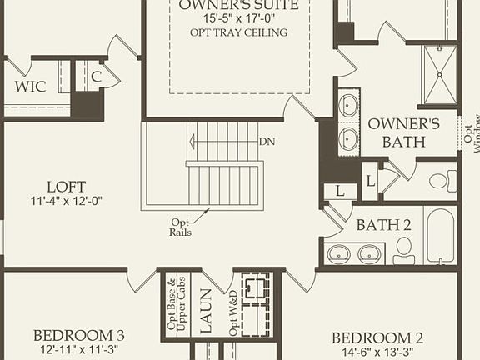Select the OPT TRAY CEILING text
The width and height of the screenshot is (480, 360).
point(239,32)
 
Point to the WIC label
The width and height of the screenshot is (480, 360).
point(30,86)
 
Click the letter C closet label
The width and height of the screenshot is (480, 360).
point(97,77)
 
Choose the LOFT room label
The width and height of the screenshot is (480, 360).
point(66,187)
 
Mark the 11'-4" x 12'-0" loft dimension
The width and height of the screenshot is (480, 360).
point(66,201)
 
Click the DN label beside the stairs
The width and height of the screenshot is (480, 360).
point(267,141)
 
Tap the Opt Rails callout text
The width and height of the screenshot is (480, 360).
point(181,227)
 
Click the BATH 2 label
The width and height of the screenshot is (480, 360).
point(383,224)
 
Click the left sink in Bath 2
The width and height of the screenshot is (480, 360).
point(339,253)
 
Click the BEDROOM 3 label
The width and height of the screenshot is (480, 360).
point(78,335)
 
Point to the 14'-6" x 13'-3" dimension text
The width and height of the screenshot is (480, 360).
point(377,351)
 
